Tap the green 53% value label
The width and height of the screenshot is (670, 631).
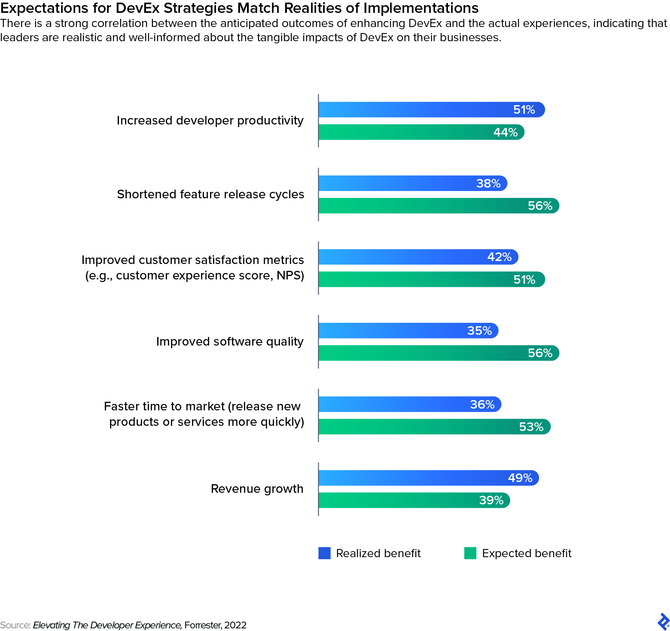[x=531, y=427]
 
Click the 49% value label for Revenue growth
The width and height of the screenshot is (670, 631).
[x=520, y=478]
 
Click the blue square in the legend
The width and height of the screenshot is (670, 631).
[x=324, y=553]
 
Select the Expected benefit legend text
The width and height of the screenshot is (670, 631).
[x=526, y=553]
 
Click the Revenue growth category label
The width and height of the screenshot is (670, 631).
[x=257, y=489]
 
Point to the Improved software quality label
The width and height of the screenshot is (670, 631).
[x=230, y=342]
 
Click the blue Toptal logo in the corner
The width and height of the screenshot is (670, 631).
[x=663, y=622]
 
